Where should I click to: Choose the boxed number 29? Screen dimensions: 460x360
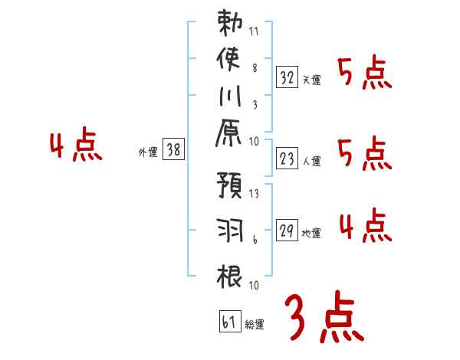(x=287, y=230)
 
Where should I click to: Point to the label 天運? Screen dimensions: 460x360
(x=312, y=79)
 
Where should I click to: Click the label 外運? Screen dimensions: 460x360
(x=147, y=153)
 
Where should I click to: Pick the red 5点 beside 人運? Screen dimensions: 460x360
(x=366, y=154)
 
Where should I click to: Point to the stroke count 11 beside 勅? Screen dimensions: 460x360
(x=254, y=32)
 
